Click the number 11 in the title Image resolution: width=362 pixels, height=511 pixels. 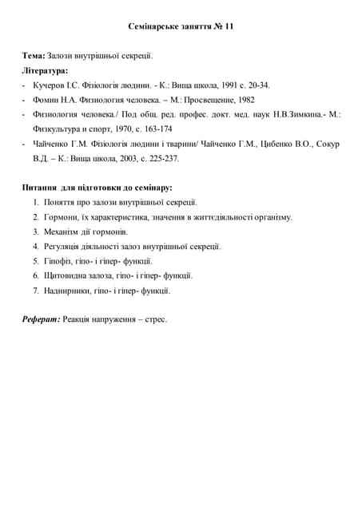point(229,26)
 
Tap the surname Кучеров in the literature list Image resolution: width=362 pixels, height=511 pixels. point(49,85)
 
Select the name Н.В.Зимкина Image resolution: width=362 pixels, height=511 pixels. point(303,115)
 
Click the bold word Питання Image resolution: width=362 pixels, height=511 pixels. point(42,188)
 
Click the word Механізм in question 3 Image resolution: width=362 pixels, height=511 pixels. point(64,232)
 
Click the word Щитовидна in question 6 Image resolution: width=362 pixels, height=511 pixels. point(67,275)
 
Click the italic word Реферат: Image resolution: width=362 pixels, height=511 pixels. point(41,319)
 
